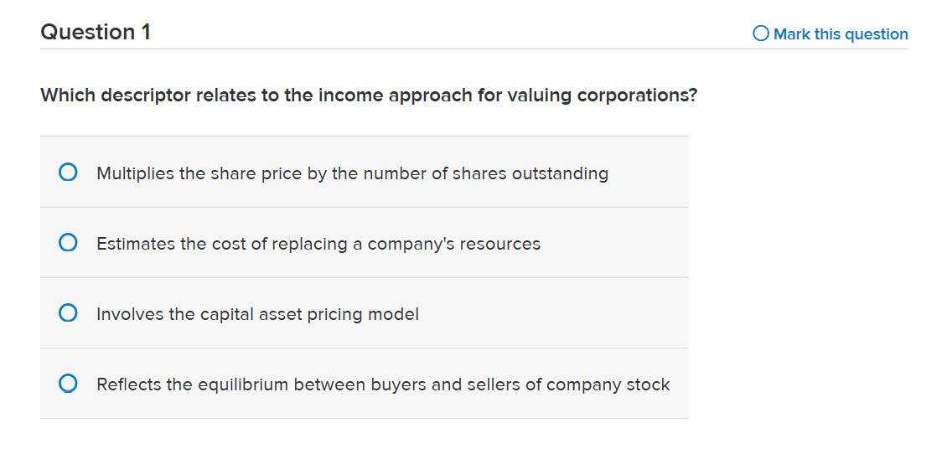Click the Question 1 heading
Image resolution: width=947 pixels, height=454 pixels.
coord(96,33)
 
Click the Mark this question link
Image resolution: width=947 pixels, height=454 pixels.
coord(840,34)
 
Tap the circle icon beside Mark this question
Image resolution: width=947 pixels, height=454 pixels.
coord(761,34)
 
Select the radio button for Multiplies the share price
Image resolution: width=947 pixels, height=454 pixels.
coord(69,173)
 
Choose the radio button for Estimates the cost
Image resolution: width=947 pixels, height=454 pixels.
coord(69,244)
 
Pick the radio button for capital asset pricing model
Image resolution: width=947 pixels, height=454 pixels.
coord(69,314)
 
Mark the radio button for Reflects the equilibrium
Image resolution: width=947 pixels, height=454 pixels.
coord(69,384)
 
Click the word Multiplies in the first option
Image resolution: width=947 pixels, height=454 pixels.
coord(136,173)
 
